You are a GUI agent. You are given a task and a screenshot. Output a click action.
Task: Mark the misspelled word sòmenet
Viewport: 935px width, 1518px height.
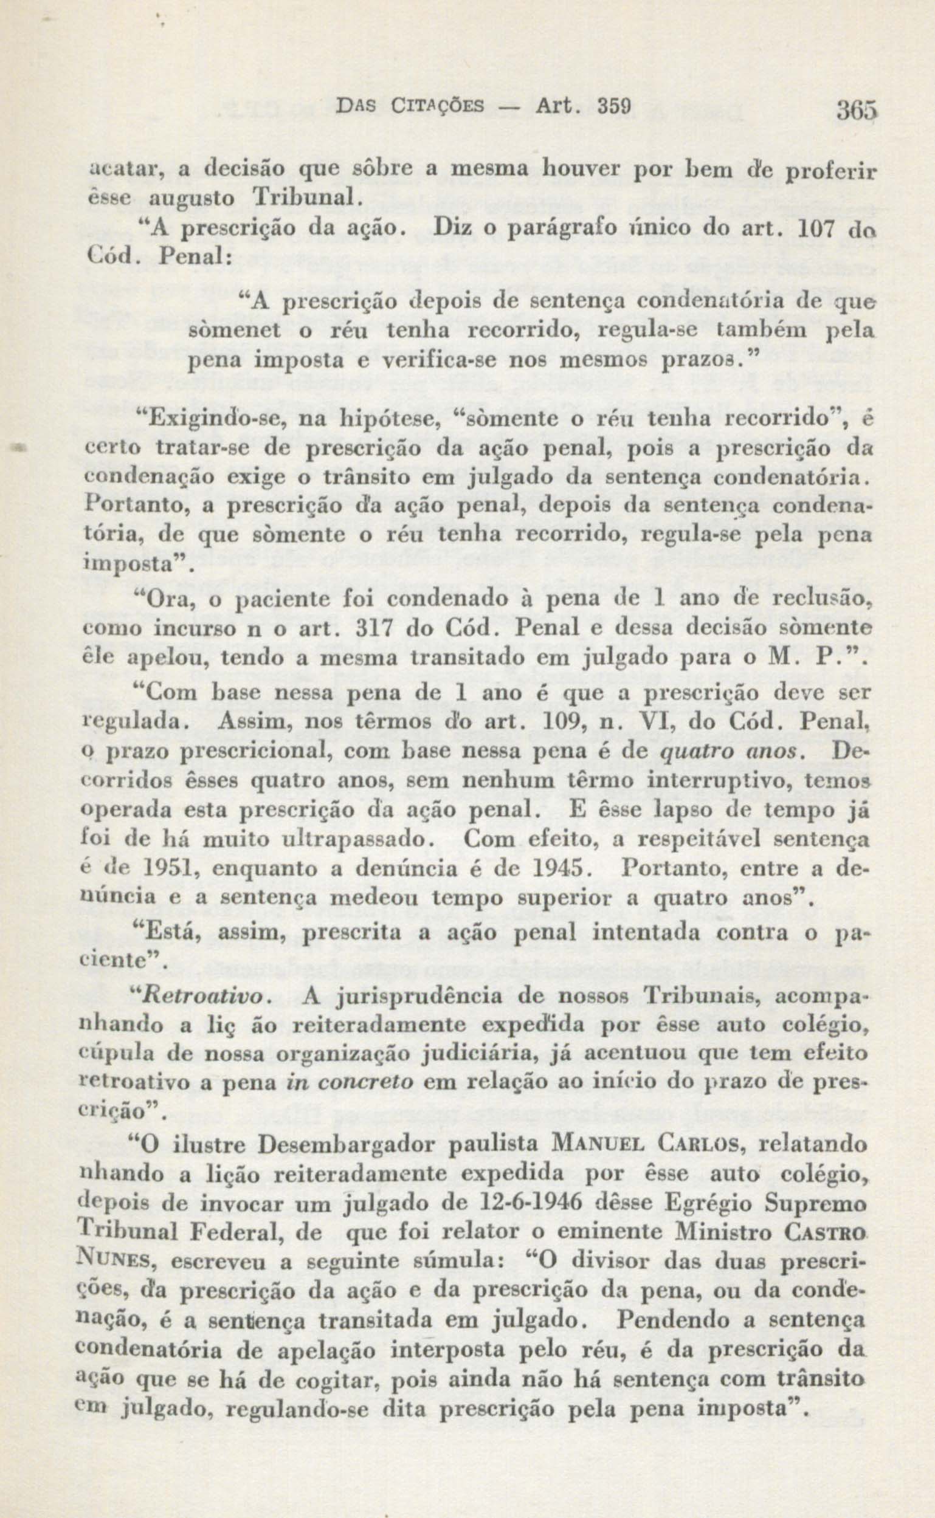coord(233,331)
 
